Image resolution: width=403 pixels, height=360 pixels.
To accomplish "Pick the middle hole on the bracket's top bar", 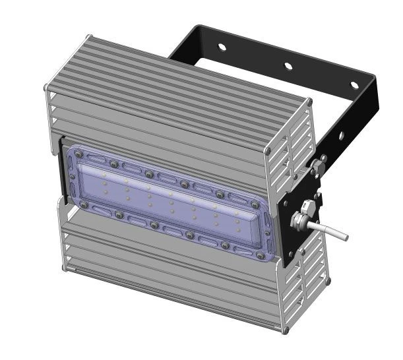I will click(288, 66).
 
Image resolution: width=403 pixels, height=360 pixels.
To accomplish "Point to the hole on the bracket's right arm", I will click(341, 136).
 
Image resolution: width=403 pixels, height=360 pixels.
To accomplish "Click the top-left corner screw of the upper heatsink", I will click(45, 86).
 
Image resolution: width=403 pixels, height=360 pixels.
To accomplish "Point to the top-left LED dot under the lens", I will click(104, 173).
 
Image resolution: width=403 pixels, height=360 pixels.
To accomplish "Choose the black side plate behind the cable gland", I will click(290, 227).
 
